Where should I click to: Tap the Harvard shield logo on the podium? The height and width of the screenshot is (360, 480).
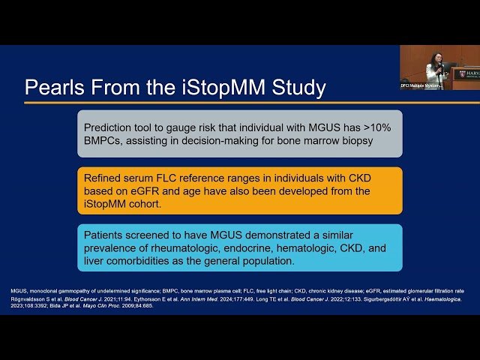(x=463, y=73)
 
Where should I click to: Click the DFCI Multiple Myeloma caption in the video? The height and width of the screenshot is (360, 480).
(x=421, y=85)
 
